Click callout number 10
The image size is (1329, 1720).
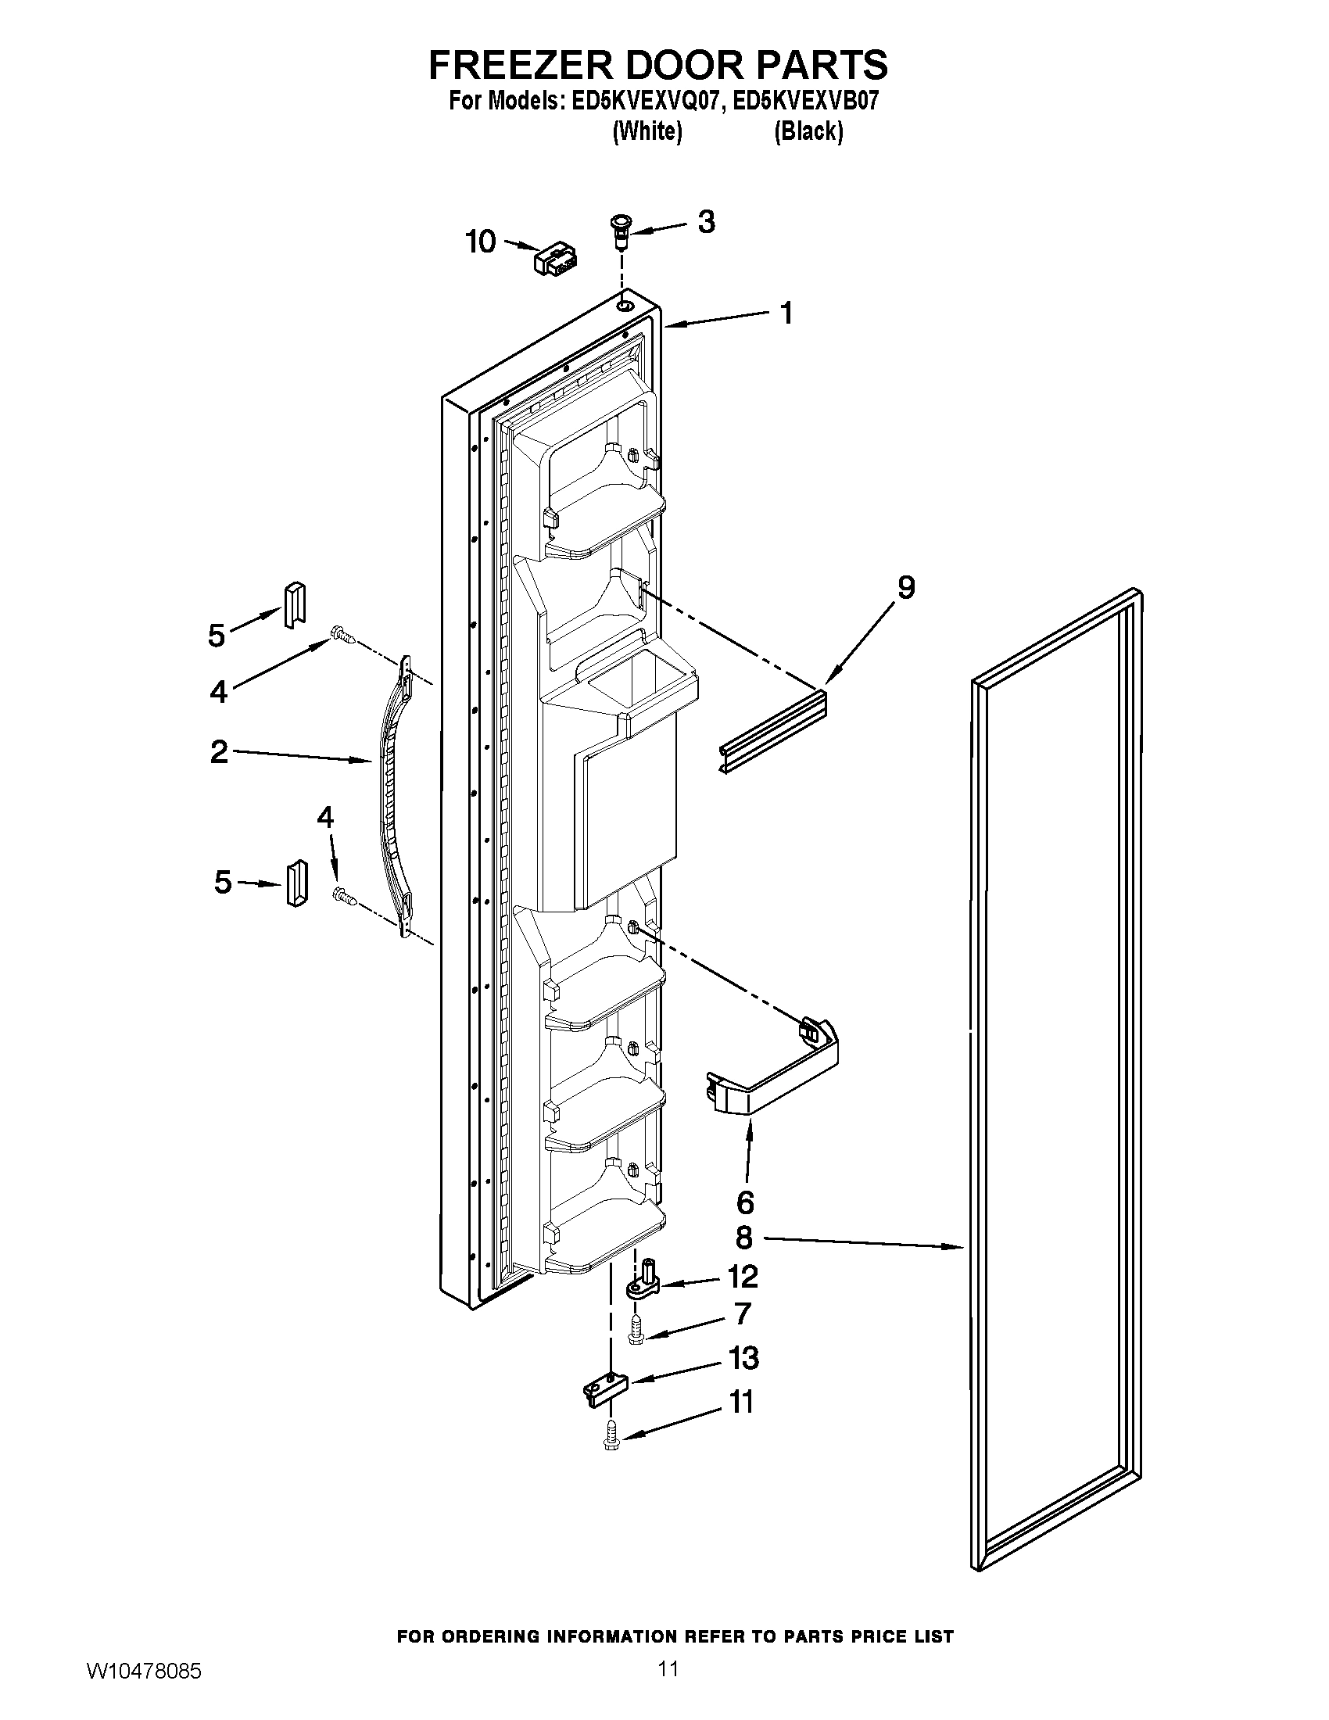[x=480, y=242]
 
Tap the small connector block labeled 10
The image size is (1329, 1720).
[x=556, y=259]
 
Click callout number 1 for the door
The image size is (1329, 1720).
[x=786, y=313]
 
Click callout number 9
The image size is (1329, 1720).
[x=905, y=586]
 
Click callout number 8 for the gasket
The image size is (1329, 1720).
[x=744, y=1238]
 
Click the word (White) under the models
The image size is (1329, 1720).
[x=647, y=131]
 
